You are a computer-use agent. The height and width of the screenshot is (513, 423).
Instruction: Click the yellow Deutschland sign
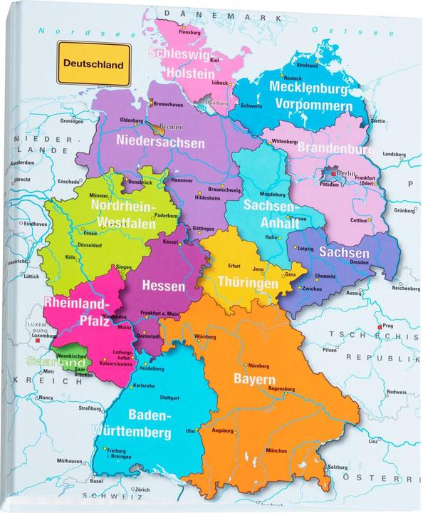[x=93, y=63]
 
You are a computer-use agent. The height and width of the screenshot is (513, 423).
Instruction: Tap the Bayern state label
[x=254, y=378]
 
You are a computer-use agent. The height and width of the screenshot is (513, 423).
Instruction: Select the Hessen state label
[x=164, y=286]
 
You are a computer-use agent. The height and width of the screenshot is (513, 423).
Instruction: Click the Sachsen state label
[x=344, y=253]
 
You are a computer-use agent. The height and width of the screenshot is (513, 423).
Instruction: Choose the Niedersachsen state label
[x=160, y=142]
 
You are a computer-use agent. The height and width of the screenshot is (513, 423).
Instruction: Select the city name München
[x=278, y=451]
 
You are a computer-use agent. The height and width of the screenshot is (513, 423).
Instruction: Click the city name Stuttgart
[x=169, y=397]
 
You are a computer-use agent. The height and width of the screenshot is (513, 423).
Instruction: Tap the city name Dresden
[x=359, y=262]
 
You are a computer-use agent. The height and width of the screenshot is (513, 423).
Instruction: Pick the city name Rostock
[x=293, y=78]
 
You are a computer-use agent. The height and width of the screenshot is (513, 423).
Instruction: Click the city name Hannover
[x=182, y=180]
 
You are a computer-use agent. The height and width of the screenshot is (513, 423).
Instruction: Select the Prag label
[x=388, y=326]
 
